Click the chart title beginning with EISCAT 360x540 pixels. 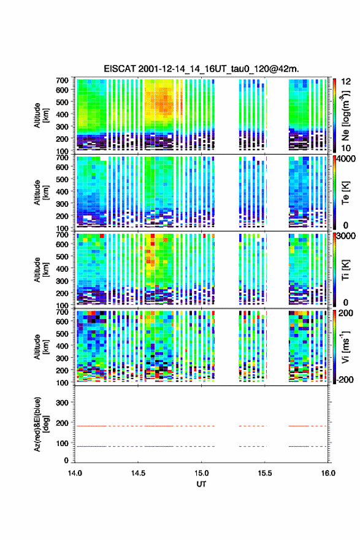tap(201, 69)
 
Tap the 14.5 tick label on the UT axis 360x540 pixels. tap(138, 473)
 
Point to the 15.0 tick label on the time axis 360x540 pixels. tap(201, 473)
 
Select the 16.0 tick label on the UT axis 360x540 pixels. tap(328, 473)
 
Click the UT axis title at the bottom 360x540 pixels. tap(201, 484)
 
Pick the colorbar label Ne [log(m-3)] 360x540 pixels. tap(345, 116)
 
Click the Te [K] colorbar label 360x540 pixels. tap(345, 193)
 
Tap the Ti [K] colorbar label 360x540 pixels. tap(345, 269)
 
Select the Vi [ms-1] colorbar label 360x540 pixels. tap(345, 347)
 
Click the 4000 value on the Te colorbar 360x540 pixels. tap(346, 159)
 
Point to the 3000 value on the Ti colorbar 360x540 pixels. tap(346, 236)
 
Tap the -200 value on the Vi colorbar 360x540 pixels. tap(344, 379)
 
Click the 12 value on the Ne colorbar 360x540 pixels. tap(346, 82)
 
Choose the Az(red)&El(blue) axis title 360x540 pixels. tap(41, 424)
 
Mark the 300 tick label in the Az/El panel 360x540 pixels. tap(62, 403)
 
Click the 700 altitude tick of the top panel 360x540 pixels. tap(62, 80)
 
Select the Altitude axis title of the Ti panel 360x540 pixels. tap(41, 269)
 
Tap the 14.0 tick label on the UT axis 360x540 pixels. tap(75, 473)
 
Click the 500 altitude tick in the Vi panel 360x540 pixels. tap(62, 334)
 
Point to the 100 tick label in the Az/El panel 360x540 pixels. tap(62, 443)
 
